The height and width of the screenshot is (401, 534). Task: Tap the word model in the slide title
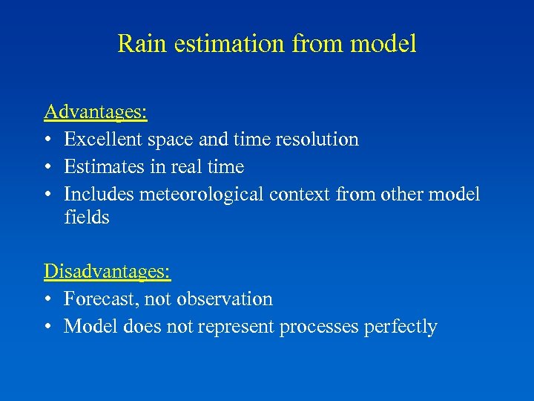click(383, 43)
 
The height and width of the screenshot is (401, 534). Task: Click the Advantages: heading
click(96, 112)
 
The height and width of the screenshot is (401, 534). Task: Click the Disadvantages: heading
click(108, 272)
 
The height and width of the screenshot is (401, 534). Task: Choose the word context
click(300, 194)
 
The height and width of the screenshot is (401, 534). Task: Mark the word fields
click(87, 218)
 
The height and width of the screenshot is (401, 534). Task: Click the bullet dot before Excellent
click(48, 140)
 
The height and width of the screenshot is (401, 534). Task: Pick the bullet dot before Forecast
click(48, 300)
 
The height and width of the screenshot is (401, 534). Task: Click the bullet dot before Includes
click(48, 195)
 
